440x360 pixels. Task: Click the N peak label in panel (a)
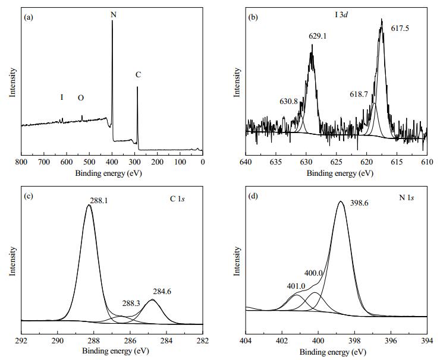pyautogui.click(x=114, y=14)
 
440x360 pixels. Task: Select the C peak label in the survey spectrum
pyautogui.click(x=138, y=75)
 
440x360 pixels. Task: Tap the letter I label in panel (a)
pyautogui.click(x=62, y=97)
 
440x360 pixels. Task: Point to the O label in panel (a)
pyautogui.click(x=81, y=97)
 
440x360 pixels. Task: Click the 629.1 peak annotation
pyautogui.click(x=318, y=36)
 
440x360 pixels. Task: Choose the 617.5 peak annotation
pyautogui.click(x=400, y=29)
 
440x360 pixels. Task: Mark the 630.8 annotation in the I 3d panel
pyautogui.click(x=288, y=101)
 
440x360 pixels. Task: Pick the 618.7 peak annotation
pyautogui.click(x=359, y=94)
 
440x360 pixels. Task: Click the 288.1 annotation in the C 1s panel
pyautogui.click(x=99, y=200)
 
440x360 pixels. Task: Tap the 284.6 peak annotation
pyautogui.click(x=162, y=292)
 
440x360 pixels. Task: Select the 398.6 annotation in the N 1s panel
pyautogui.click(x=359, y=203)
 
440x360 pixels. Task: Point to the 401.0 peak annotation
pyautogui.click(x=296, y=286)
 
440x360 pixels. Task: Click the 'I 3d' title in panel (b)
pyautogui.click(x=341, y=15)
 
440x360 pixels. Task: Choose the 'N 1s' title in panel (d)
pyautogui.click(x=407, y=198)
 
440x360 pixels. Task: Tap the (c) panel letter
pyautogui.click(x=29, y=196)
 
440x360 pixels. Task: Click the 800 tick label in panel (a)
pyautogui.click(x=21, y=162)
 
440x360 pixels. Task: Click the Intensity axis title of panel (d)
pyautogui.click(x=237, y=261)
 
